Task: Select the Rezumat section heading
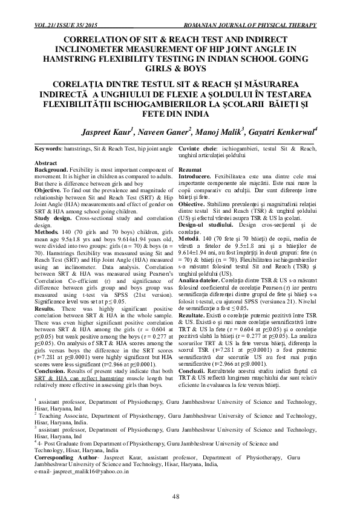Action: click(191, 171)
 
